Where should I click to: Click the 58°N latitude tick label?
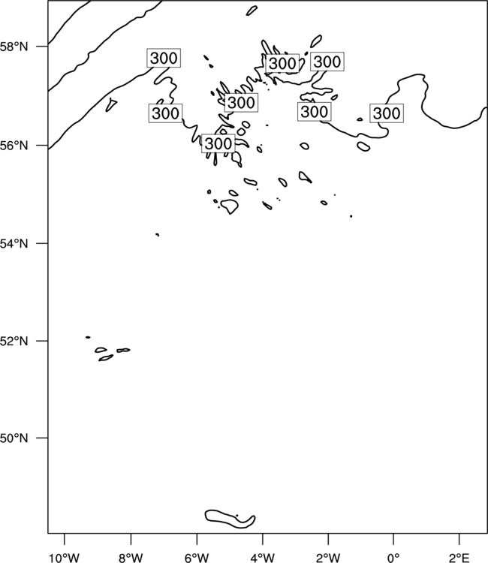tap(14, 47)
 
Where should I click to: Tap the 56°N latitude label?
tap(14, 146)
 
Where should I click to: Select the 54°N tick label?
tap(14, 243)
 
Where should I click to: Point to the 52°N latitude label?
tap(14, 341)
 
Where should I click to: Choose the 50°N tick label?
tap(14, 438)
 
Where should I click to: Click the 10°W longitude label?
tap(65, 558)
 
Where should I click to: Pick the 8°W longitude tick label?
tap(131, 558)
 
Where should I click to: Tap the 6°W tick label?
tap(197, 558)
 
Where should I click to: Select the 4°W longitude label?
tap(263, 558)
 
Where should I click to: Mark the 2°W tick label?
tap(328, 558)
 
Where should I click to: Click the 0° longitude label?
tap(393, 558)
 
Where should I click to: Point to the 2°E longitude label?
tap(459, 558)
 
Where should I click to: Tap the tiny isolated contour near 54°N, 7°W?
tap(157, 234)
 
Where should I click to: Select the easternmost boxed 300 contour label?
tap(387, 113)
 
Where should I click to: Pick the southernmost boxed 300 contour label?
tap(218, 143)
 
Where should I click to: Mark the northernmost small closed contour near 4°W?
tap(252, 11)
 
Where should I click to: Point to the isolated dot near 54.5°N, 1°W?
tap(351, 216)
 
